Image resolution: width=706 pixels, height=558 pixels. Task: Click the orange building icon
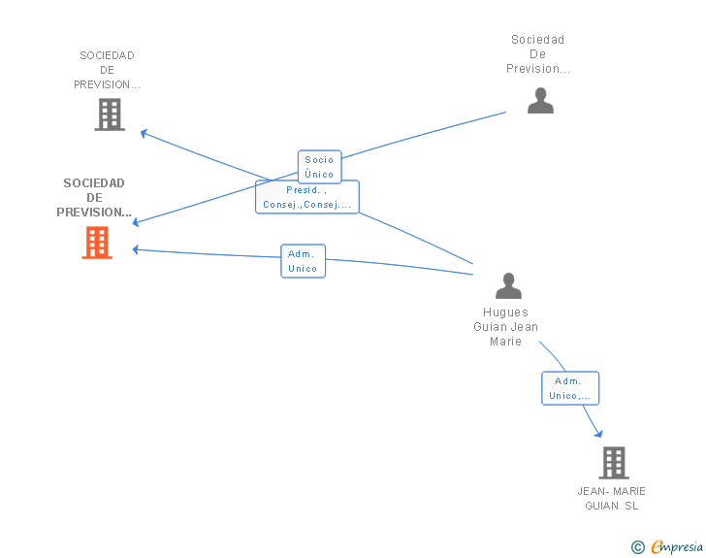point(97,243)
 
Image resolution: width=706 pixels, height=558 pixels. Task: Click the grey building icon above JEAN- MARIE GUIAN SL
point(614,463)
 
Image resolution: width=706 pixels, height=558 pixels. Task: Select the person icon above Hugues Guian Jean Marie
point(508,285)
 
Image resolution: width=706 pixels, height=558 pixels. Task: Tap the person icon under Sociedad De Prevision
point(540,101)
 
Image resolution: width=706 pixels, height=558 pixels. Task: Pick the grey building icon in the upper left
point(110,115)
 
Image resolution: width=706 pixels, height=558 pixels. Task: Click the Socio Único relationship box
point(320,167)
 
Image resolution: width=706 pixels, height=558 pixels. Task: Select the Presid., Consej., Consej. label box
point(307,197)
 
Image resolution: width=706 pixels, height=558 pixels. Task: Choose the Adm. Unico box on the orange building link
point(303,261)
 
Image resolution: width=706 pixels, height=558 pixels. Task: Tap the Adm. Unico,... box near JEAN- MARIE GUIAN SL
point(570,388)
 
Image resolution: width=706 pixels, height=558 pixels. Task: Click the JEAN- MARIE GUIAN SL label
point(611,498)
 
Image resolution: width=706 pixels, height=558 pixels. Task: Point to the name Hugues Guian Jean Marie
point(505,327)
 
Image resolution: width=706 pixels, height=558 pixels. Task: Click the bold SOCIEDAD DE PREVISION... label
point(94,197)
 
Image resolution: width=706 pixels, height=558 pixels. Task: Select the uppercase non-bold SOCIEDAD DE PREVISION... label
point(107,70)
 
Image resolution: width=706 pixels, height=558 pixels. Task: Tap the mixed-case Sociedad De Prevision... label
point(538,54)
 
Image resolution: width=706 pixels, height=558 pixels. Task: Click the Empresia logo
point(677,546)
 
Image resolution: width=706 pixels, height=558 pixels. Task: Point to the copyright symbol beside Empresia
point(637,547)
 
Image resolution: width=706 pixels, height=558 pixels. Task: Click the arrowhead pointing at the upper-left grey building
point(144,133)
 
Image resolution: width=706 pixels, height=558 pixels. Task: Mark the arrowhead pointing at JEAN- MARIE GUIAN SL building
point(598,434)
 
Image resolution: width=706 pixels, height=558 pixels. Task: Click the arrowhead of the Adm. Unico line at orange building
point(136,249)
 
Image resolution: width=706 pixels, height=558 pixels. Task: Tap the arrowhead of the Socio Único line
point(136,222)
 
